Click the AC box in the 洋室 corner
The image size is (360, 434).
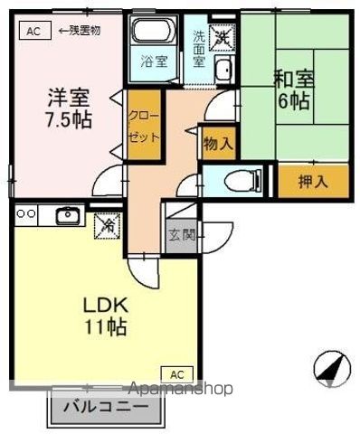tap(33, 29)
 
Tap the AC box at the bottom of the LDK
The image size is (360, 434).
tap(177, 373)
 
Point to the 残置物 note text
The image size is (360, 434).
tap(81, 29)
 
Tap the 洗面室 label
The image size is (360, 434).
tap(200, 42)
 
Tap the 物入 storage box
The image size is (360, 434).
tap(217, 143)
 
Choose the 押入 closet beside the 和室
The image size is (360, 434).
tap(313, 180)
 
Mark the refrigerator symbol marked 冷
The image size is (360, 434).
tap(107, 222)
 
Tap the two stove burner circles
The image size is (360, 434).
tap(25, 213)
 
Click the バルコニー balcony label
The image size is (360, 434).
tap(106, 407)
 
